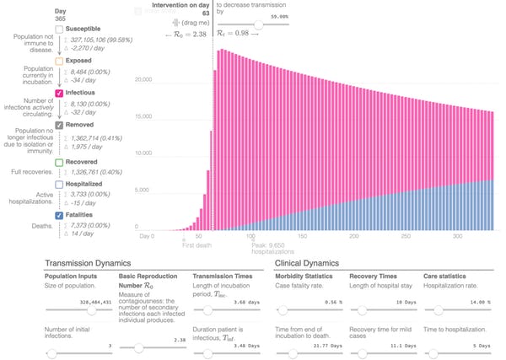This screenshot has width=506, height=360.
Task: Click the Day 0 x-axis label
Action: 148,236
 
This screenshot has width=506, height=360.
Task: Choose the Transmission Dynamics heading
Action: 92,263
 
